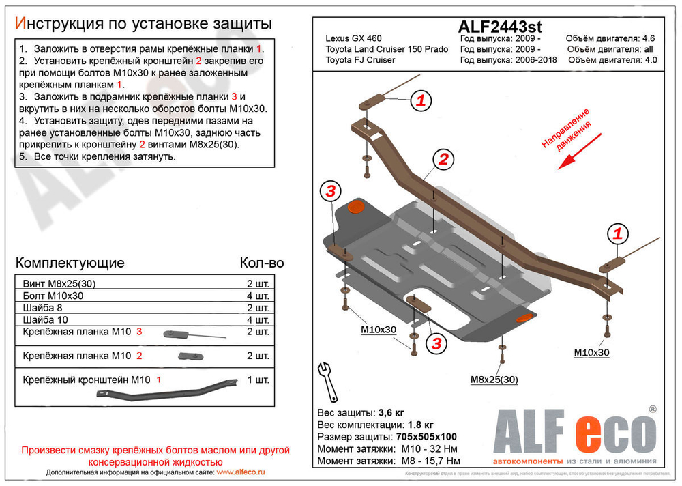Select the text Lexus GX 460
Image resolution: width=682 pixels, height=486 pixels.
353,39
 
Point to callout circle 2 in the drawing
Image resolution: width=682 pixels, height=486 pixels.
443,160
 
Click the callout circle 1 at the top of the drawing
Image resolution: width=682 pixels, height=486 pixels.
421,101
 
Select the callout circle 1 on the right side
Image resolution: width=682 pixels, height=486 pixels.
618,234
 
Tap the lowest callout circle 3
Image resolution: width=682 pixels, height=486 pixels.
436,342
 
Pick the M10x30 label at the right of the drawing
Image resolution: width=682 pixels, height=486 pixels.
591,352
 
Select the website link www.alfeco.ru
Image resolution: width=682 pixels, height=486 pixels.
240,472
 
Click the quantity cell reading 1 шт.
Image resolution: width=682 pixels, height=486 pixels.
258,380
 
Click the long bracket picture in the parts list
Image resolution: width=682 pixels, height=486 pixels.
167,391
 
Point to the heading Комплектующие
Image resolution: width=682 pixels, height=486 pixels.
70,263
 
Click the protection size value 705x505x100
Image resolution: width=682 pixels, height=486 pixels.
426,437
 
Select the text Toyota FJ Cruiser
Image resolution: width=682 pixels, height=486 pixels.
359,59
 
